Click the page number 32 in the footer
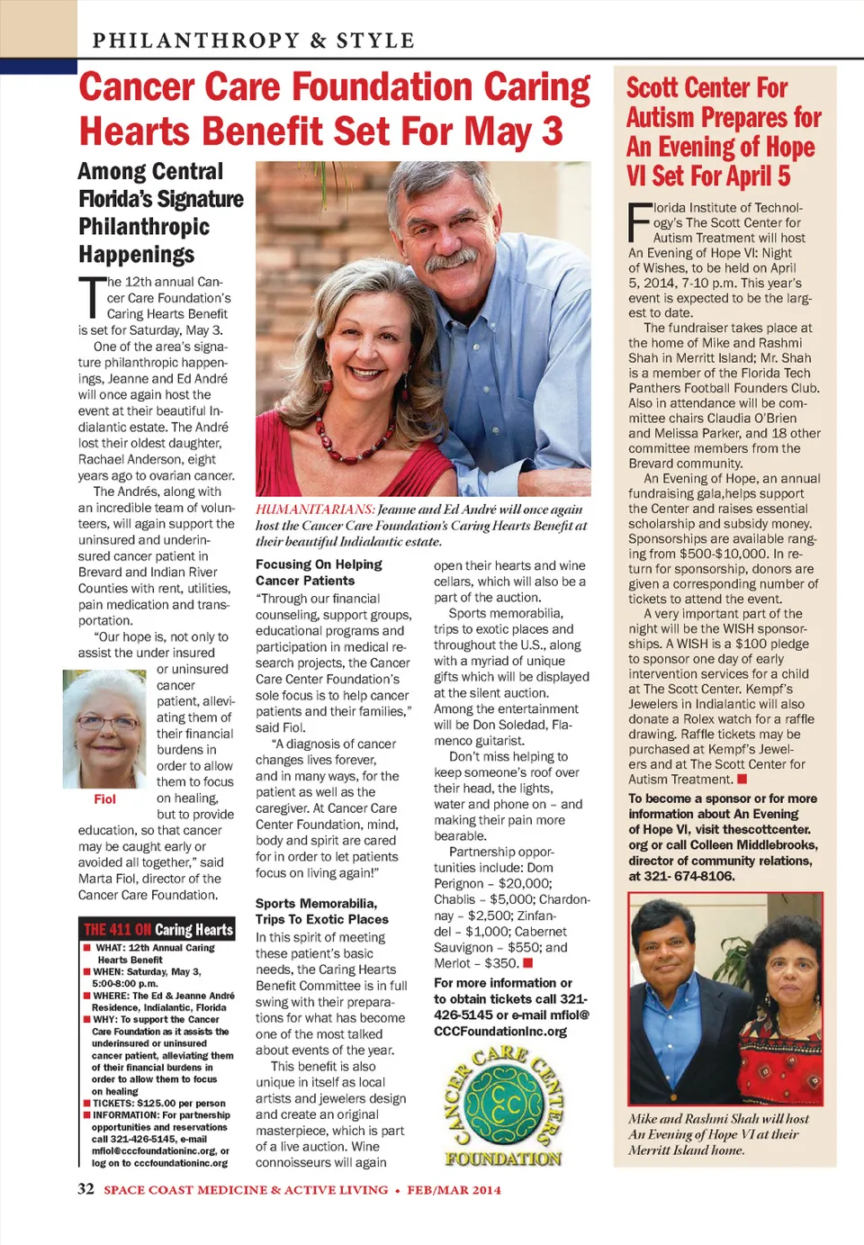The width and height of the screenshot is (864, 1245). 85,1188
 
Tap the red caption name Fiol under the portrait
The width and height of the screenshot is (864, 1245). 104,798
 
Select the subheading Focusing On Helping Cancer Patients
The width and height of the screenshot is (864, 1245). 319,573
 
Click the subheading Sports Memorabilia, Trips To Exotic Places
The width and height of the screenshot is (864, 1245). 321,911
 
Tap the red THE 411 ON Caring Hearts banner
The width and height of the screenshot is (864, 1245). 157,929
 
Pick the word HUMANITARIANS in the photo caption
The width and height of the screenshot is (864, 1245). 315,510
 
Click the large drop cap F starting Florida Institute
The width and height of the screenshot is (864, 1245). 639,222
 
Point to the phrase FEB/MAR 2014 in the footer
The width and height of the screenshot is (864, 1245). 454,1189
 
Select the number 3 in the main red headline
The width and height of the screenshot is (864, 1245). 551,131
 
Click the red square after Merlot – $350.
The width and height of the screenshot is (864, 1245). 528,963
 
